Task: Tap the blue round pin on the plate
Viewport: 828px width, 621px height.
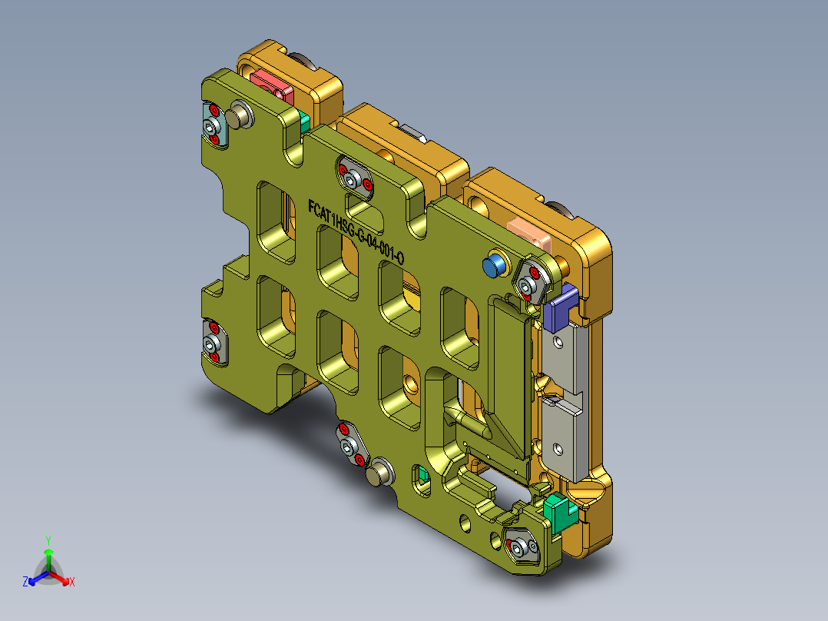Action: [495, 266]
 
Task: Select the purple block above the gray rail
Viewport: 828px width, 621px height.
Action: [561, 305]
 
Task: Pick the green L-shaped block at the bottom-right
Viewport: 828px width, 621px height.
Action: [559, 511]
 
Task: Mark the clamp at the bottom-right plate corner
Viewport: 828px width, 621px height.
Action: [525, 546]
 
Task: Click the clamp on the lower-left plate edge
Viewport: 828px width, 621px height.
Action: [213, 343]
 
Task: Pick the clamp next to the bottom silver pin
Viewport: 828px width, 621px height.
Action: [351, 444]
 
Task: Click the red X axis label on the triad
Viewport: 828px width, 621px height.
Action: [72, 582]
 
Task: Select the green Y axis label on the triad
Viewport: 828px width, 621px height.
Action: [48, 540]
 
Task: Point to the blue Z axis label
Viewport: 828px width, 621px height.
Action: [25, 582]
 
